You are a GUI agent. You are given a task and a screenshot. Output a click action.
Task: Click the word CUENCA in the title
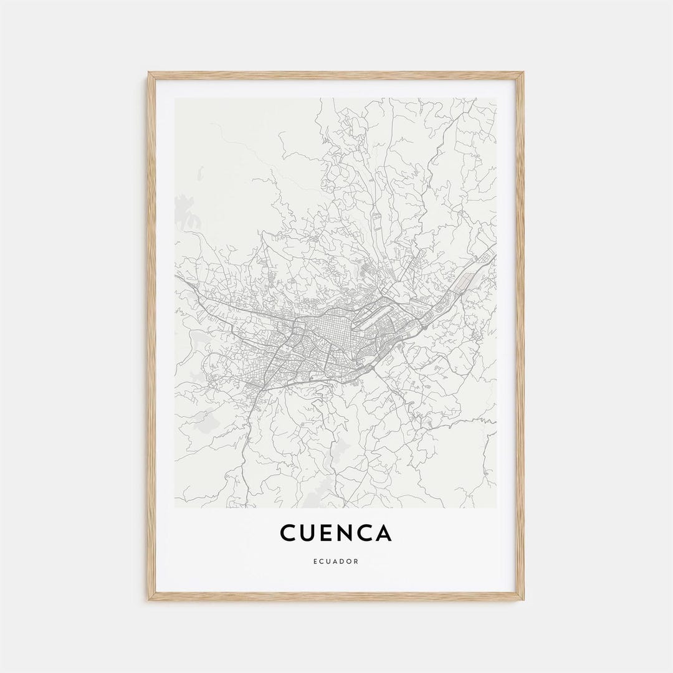pos(336,533)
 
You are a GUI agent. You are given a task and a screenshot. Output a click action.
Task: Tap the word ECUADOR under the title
pos(336,561)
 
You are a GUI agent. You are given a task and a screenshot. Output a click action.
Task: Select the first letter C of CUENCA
pos(288,533)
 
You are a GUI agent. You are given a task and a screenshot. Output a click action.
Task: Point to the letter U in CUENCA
pos(307,533)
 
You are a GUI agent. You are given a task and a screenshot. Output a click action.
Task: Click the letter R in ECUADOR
pos(356,561)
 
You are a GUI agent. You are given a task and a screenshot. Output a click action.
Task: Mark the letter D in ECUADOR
pos(343,561)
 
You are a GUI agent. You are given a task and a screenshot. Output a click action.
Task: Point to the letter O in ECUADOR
pos(350,561)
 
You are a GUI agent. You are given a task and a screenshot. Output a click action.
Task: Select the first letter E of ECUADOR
pos(315,561)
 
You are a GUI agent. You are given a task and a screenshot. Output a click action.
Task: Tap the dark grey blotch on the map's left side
pos(183,209)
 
